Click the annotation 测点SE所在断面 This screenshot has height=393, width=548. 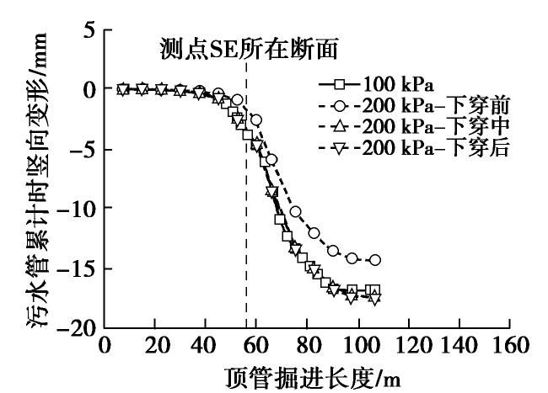(250, 50)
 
